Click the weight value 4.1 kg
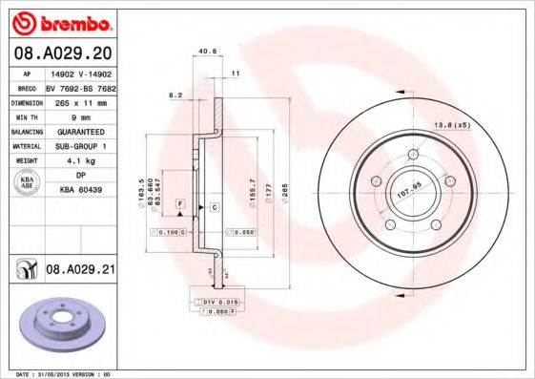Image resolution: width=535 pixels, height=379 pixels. (x=74, y=161)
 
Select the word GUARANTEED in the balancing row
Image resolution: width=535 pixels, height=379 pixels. (x=74, y=131)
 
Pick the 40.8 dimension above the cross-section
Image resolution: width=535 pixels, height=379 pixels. (x=204, y=52)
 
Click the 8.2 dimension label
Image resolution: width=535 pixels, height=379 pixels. (x=175, y=95)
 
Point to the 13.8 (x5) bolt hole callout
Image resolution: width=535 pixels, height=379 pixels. (x=452, y=126)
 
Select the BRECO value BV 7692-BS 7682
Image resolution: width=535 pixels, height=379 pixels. (x=80, y=87)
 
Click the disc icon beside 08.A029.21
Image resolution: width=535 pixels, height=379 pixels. (x=25, y=271)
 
